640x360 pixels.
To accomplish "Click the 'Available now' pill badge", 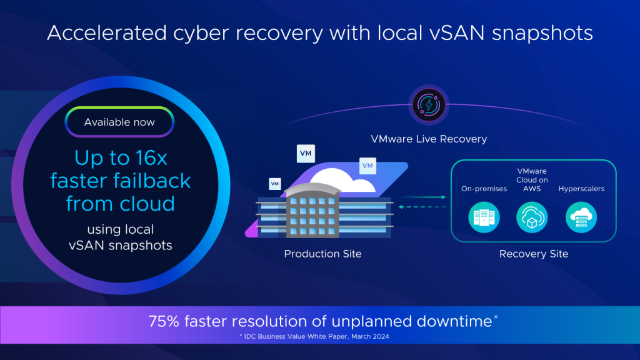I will coord(119,122).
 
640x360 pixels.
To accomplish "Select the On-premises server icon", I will coord(484,217).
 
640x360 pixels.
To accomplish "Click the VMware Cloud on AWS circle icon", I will coord(532,217).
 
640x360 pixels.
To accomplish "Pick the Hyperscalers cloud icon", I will coord(581,217).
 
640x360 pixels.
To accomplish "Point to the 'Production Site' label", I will coord(322,254).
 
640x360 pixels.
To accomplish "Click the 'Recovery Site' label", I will coord(534,254).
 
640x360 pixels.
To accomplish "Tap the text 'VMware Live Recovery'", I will coord(428,138).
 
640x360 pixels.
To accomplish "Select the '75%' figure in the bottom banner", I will coord(163,321).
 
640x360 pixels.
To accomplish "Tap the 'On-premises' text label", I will coord(484,189).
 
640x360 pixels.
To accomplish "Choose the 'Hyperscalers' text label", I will coord(581,189).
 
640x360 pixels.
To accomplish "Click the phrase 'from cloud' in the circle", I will coord(119,203).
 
